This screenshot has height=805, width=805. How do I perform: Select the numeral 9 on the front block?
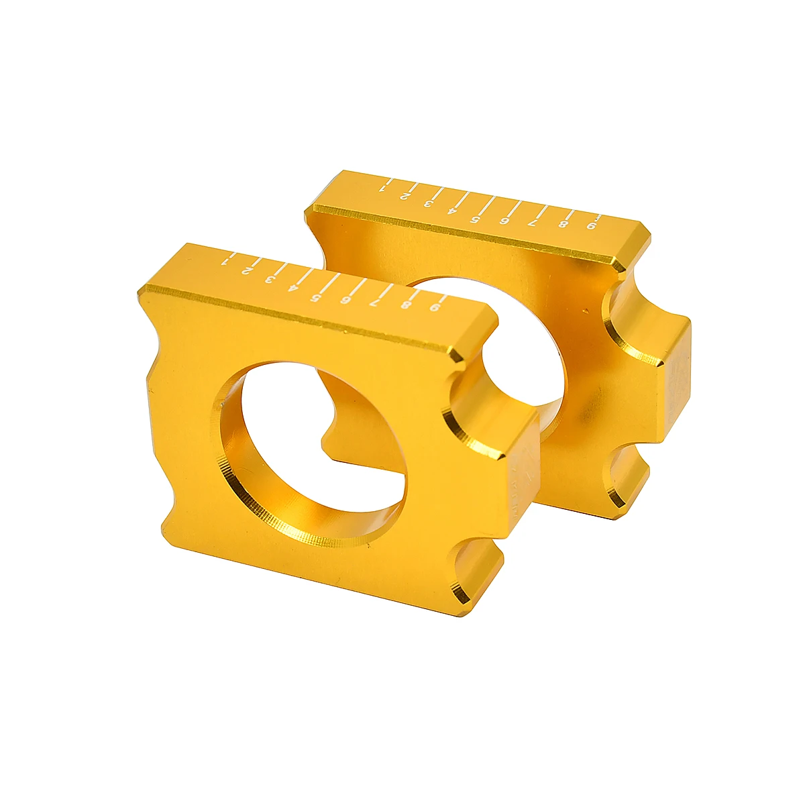click(436, 308)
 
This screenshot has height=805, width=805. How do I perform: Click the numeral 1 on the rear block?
click(383, 188)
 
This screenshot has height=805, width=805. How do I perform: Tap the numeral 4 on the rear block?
click(451, 211)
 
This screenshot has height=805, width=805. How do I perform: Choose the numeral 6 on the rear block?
click(504, 222)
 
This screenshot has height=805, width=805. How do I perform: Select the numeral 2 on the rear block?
click(405, 196)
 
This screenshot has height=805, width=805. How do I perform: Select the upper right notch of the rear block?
click(631, 305)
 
